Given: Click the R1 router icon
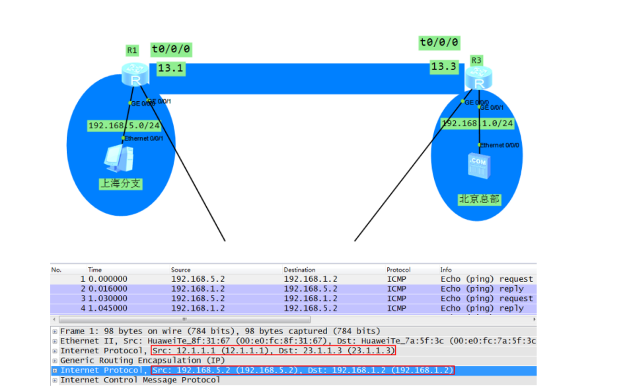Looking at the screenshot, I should click(135, 75).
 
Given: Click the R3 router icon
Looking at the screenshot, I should click(479, 79).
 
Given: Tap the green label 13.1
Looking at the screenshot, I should click(170, 67).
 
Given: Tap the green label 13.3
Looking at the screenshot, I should click(443, 67).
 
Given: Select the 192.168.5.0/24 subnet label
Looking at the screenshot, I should click(124, 126).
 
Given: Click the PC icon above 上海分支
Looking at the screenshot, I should click(120, 159).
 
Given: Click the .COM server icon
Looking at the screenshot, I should click(478, 165).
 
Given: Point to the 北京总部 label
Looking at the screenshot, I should click(479, 198).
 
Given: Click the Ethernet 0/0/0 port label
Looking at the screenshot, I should click(501, 145).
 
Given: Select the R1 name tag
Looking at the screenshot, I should click(132, 50).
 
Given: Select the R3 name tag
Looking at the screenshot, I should click(476, 60).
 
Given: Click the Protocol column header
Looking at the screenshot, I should click(398, 270).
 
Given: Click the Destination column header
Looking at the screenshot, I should click(299, 270).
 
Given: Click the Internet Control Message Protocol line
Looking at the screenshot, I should click(139, 380).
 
